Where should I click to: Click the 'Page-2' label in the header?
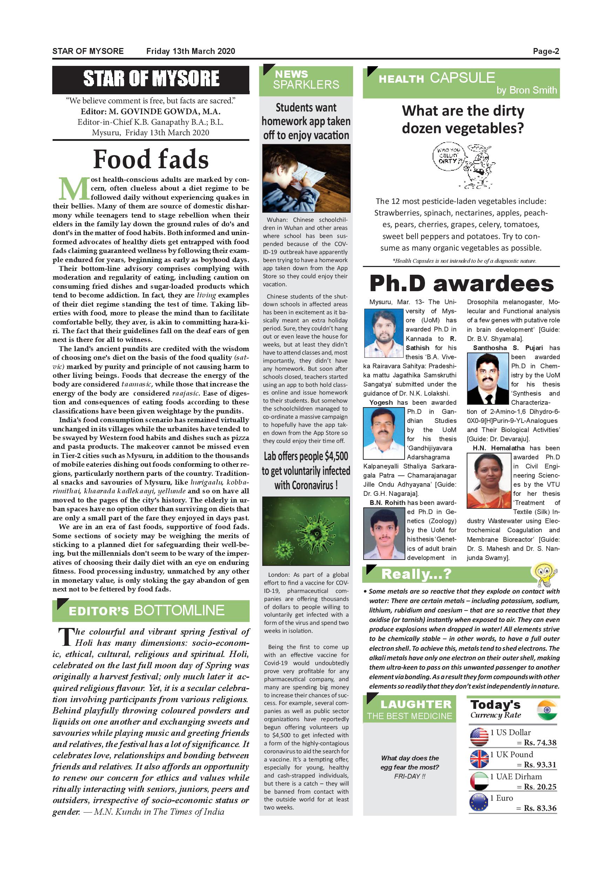[x=546, y=51]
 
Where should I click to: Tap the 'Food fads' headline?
[x=151, y=159]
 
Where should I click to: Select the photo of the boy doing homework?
[x=306, y=178]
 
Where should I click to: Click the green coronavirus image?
[x=306, y=531]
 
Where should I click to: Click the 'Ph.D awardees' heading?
[x=461, y=283]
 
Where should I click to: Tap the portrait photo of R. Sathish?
[x=384, y=333]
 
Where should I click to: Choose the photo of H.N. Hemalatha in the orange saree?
[x=488, y=481]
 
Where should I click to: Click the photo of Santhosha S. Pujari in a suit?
[x=487, y=379]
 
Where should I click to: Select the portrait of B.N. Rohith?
[x=384, y=534]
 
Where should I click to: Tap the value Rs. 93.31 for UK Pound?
[x=540, y=765]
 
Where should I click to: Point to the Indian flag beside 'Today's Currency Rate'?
[x=547, y=710]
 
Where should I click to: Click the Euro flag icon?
[x=479, y=802]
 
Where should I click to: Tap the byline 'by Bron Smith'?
[x=526, y=90]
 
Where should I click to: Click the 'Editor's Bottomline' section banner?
[x=151, y=610]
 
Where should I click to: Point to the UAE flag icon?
[x=479, y=781]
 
